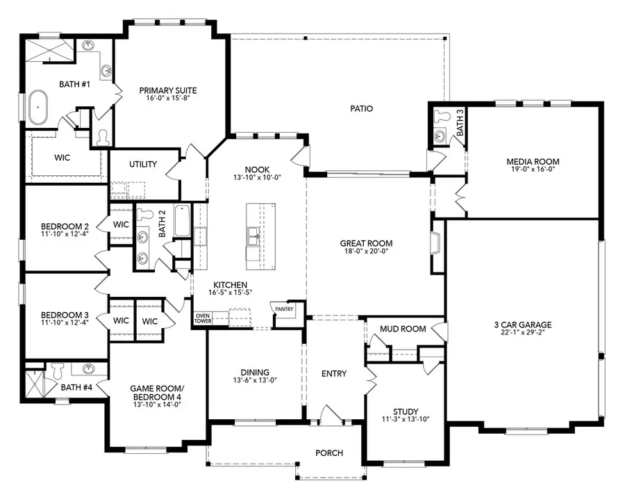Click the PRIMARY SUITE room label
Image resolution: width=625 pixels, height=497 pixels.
(167, 90)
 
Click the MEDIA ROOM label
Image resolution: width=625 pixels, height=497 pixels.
(533, 162)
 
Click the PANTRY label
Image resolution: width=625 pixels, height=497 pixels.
(285, 309)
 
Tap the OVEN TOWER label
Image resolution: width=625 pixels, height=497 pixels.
(203, 318)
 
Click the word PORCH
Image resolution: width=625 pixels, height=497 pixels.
(329, 453)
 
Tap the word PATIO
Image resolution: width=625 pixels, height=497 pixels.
(361, 108)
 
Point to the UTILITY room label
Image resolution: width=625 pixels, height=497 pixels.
(143, 165)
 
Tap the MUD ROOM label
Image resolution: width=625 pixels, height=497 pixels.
(403, 329)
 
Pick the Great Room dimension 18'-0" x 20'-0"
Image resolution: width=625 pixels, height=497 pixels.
(366, 253)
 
